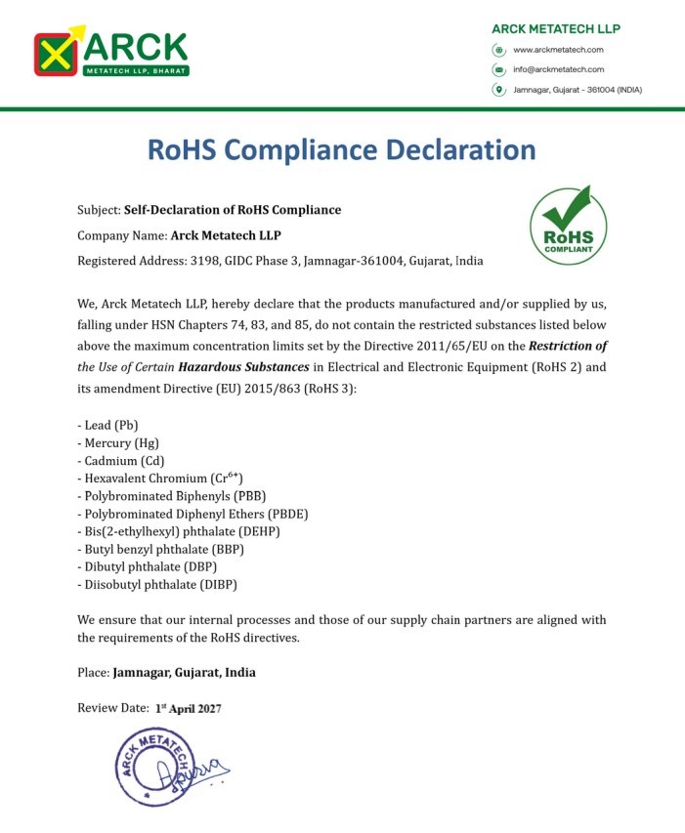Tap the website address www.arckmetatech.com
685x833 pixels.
click(x=558, y=50)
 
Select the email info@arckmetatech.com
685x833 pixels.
click(x=558, y=69)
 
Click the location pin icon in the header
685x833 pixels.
click(x=498, y=90)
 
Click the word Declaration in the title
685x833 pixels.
click(x=457, y=150)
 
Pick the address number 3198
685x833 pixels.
click(x=203, y=261)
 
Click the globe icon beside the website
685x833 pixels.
click(x=498, y=50)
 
